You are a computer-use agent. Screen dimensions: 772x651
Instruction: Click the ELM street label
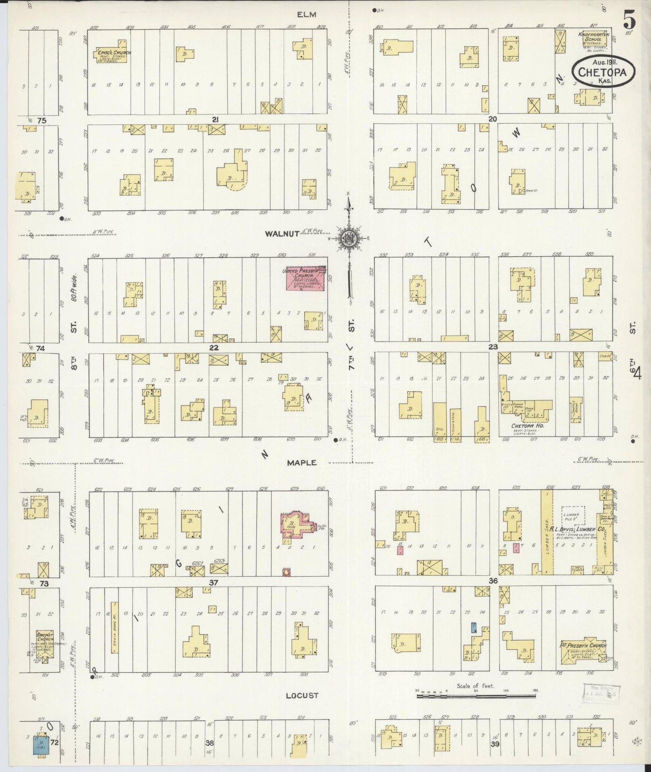pyautogui.click(x=306, y=14)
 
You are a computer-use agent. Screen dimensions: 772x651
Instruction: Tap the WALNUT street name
pyautogui.click(x=282, y=233)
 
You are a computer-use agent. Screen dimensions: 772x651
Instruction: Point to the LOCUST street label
pyautogui.click(x=302, y=695)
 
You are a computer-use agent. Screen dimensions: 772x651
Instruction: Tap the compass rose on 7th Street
pyautogui.click(x=350, y=239)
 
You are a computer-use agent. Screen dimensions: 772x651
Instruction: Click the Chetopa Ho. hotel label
pyautogui.click(x=525, y=426)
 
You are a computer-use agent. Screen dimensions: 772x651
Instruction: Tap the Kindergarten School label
pyautogui.click(x=592, y=37)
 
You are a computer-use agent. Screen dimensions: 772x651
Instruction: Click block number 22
pyautogui.click(x=214, y=348)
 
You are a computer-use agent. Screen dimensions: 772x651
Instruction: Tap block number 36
pyautogui.click(x=493, y=581)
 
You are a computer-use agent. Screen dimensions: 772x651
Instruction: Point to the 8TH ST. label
pyautogui.click(x=73, y=345)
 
